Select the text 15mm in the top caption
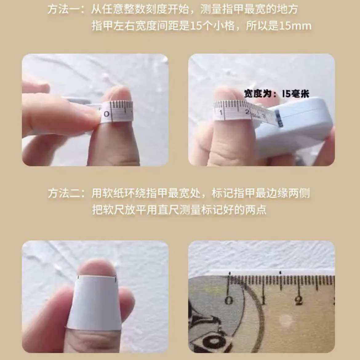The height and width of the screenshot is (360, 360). point(295,26)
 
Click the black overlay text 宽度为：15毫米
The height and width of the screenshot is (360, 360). point(277,94)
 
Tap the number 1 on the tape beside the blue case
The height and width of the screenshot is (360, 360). point(221,113)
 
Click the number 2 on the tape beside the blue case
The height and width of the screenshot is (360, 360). point(247,112)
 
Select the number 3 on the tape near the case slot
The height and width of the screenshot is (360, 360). point(264,116)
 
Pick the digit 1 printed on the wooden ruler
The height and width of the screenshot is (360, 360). point(263,300)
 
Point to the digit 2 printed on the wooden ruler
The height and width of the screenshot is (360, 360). point(298,301)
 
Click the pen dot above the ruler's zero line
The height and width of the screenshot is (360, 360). point(229,273)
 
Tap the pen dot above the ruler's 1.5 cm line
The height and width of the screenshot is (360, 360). point(280,273)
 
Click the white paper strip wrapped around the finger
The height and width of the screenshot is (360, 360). point(94,303)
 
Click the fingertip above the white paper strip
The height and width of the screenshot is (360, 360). point(96,267)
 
